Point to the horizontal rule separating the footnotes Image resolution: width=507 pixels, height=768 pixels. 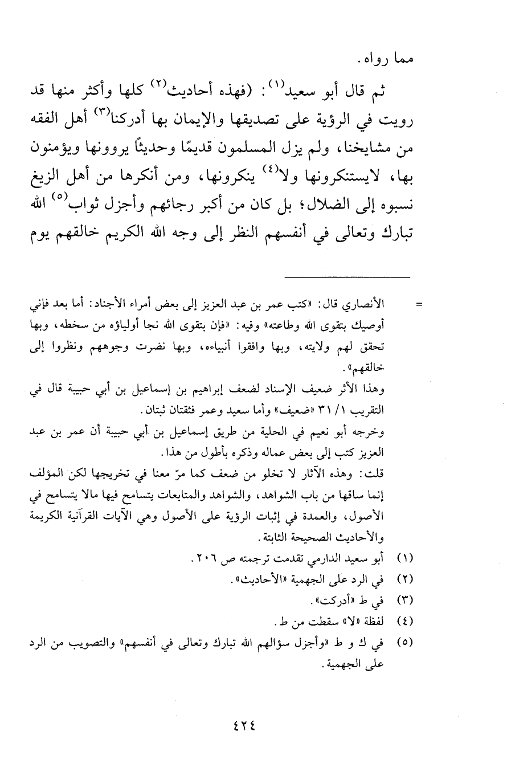coord(347,277)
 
